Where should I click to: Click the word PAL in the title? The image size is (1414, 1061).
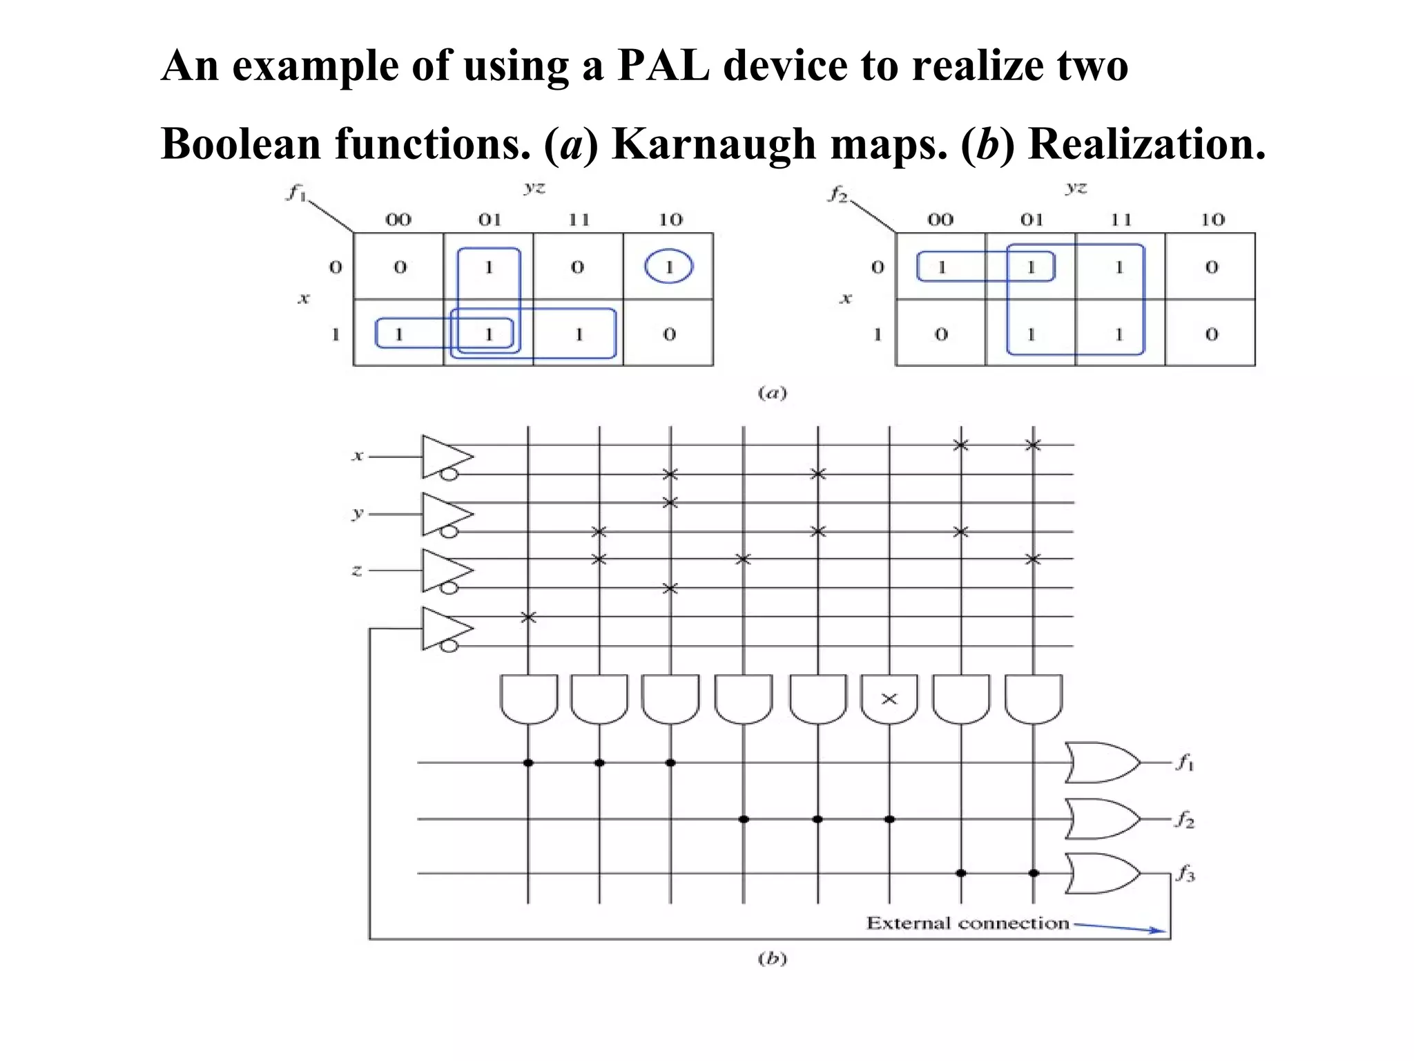(662, 66)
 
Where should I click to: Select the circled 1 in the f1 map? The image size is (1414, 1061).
(668, 267)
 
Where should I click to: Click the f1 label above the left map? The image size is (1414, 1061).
(296, 193)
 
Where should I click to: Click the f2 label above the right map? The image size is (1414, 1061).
(837, 194)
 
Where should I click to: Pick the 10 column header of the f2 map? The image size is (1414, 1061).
(1212, 220)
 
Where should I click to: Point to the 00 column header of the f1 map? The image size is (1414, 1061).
(398, 220)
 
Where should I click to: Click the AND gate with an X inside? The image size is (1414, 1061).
(889, 698)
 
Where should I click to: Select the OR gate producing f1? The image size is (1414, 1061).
(1101, 763)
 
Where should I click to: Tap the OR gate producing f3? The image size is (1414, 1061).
(1101, 874)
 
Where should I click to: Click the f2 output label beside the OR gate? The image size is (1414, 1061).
(1185, 820)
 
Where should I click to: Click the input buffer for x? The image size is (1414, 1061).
(446, 457)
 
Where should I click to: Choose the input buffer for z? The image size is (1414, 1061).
(446, 571)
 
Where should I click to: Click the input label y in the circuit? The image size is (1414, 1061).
(357, 513)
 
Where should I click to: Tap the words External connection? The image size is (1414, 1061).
(967, 923)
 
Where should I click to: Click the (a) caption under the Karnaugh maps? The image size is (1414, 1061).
(772, 393)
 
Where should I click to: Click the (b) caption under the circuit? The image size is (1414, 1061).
(772, 958)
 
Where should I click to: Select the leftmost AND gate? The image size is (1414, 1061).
(528, 698)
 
